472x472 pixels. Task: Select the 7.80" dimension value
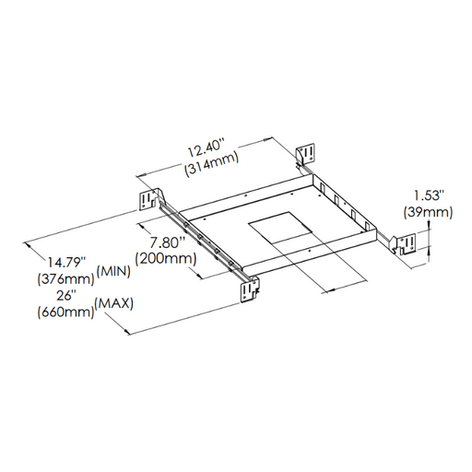(x=169, y=242)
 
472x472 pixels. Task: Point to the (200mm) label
(x=166, y=259)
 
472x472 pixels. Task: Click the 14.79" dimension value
(x=65, y=263)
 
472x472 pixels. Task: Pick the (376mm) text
(x=65, y=279)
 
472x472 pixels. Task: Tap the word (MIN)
(x=113, y=272)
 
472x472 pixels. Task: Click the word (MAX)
(x=114, y=304)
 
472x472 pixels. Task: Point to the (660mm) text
(x=65, y=313)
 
